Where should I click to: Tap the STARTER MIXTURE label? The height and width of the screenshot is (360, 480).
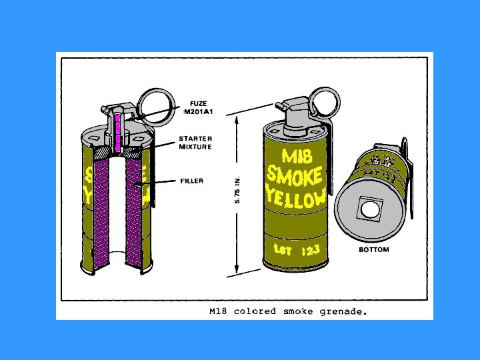point(195,143)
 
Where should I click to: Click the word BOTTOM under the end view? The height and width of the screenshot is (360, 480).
point(374,250)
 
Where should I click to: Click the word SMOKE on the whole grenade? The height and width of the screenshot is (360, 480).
point(294,177)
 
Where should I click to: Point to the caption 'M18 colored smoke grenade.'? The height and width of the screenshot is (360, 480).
point(288,311)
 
